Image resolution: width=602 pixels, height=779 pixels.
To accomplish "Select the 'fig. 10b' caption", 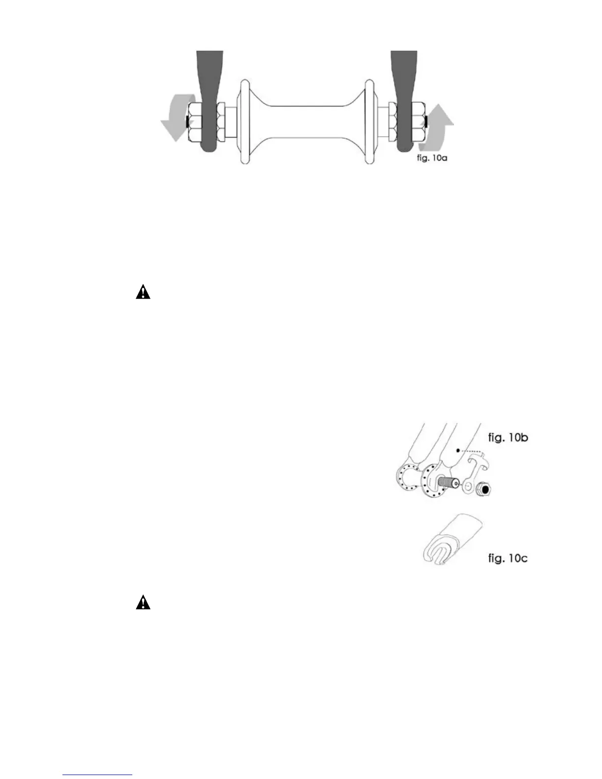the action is tap(508, 437).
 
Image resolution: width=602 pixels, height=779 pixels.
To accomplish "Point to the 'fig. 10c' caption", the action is tap(508, 558).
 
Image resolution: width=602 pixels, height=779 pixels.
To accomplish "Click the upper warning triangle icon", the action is tap(143, 293).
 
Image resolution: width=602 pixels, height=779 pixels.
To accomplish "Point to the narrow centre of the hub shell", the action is tap(302, 120).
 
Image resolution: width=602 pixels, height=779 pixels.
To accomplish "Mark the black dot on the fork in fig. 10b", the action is tap(458, 449).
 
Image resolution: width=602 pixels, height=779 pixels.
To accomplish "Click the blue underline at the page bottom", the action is tap(98, 775).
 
